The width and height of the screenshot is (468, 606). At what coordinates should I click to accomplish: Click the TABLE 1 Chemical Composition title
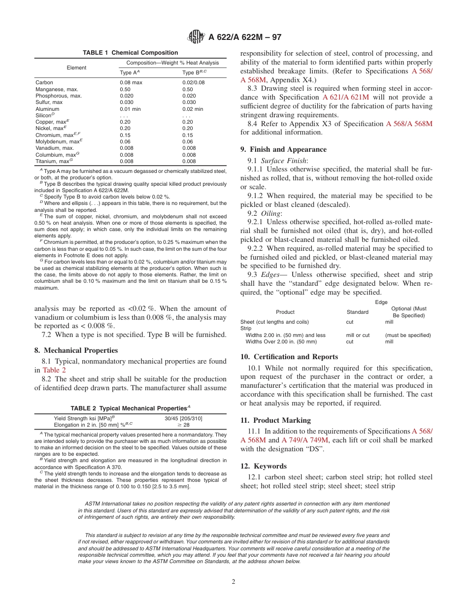(x=130, y=53)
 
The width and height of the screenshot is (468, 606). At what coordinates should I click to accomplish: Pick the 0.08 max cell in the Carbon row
(x=131, y=83)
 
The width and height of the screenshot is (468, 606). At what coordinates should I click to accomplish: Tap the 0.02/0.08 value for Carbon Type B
(x=193, y=83)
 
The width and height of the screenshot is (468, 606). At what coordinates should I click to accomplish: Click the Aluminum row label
(x=47, y=109)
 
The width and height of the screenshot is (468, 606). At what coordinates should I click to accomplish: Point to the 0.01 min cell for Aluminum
(x=130, y=109)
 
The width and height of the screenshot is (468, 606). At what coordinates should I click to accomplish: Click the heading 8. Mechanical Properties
(x=76, y=351)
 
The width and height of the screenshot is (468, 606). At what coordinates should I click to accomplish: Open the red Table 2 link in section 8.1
(x=51, y=370)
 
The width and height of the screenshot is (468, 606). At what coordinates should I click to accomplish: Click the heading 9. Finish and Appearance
(x=283, y=149)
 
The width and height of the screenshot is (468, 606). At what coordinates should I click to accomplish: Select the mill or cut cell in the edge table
(x=358, y=335)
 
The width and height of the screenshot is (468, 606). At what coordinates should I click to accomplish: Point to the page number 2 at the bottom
(x=234, y=582)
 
